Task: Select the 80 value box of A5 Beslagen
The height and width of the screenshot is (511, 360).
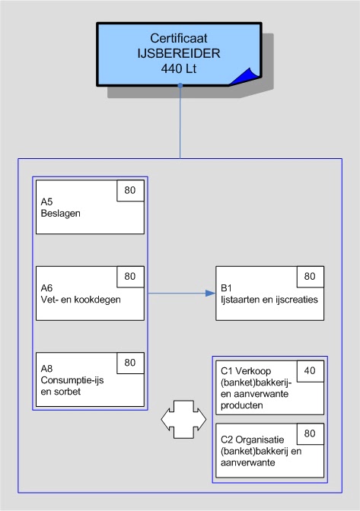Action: pos(130,190)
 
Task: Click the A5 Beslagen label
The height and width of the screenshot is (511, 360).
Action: pos(61,208)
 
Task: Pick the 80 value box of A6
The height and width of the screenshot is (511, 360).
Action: pos(130,276)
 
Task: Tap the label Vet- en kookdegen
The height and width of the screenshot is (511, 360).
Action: pos(81,299)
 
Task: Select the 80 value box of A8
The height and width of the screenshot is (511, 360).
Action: pos(130,363)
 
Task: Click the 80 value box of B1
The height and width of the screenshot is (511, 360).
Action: pos(309,276)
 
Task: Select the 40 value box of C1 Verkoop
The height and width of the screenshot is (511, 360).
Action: pos(309,370)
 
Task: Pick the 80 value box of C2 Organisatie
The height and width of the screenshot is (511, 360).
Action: pos(309,434)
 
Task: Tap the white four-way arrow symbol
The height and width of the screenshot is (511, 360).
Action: pos(184,419)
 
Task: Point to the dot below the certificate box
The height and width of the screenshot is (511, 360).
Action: pos(180,86)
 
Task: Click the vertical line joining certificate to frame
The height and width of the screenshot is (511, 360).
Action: pos(180,122)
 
